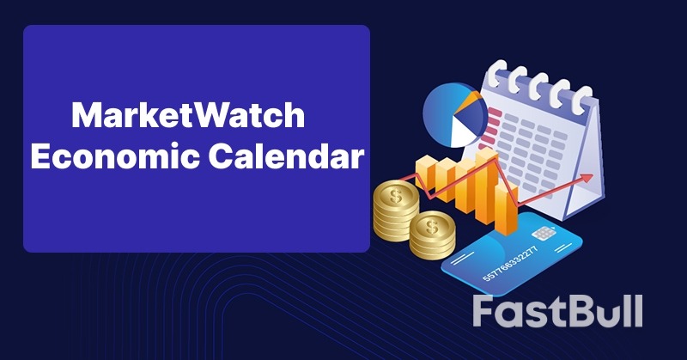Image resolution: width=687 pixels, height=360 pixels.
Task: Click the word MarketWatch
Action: (187, 117)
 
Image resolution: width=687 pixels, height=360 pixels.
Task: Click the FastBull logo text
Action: (557, 311)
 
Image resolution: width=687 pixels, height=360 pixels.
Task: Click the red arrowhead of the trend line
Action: (587, 178)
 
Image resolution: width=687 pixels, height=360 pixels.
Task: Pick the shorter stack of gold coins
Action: (432, 236)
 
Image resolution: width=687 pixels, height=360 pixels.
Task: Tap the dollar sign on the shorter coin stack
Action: (432, 226)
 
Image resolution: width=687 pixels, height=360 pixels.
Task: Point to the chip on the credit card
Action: (542, 234)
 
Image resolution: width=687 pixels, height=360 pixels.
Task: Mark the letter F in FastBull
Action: (487, 311)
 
